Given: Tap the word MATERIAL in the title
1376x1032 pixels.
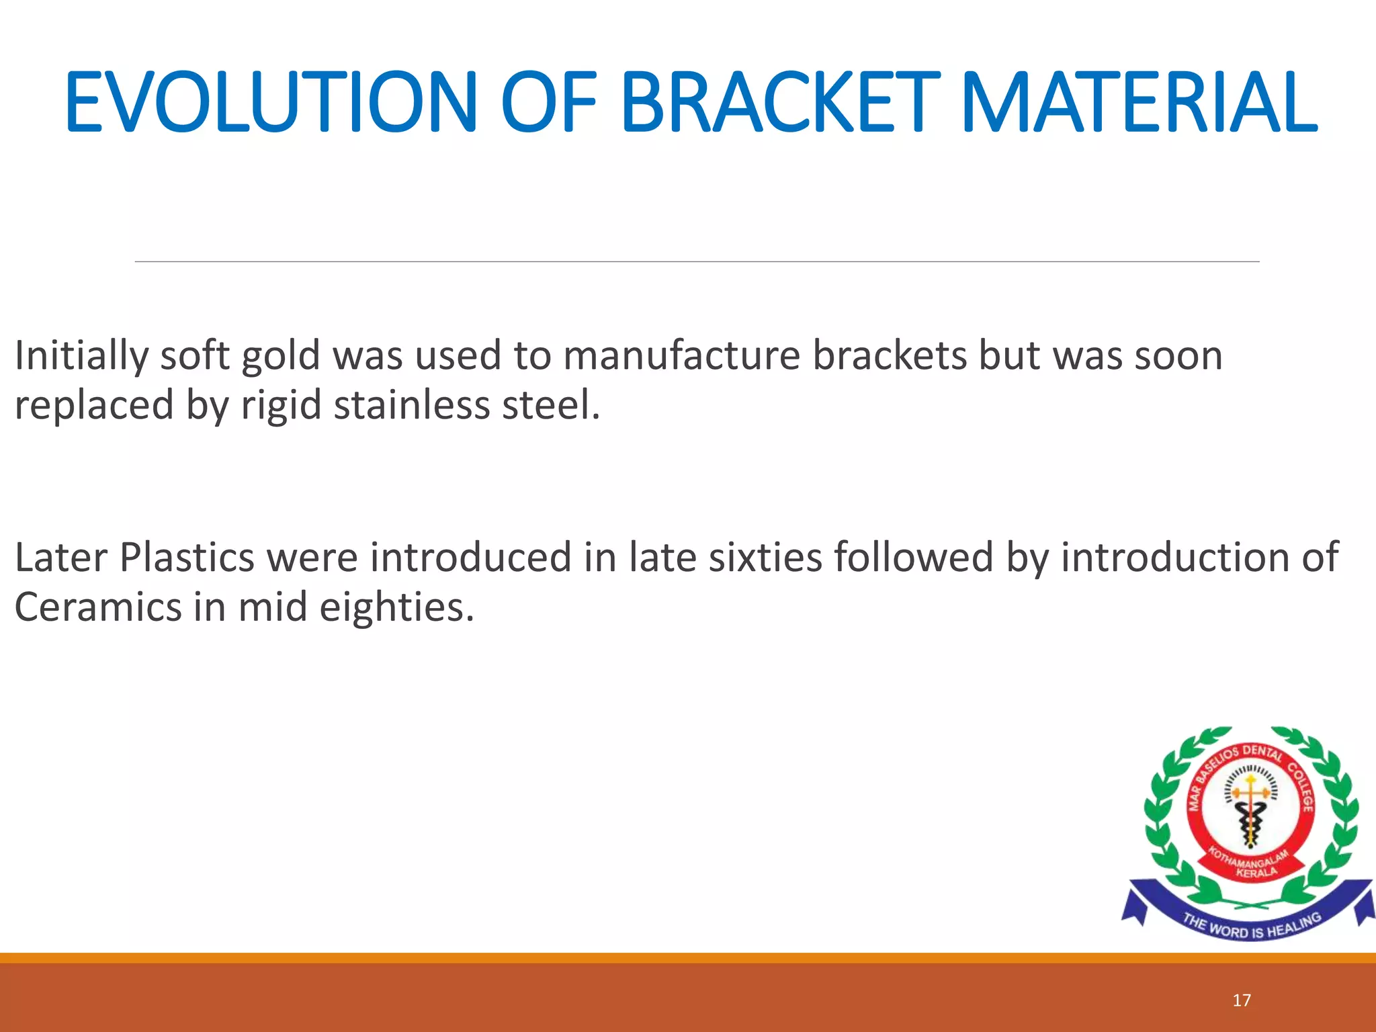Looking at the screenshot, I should point(1139,102).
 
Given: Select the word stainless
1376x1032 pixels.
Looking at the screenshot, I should point(412,406).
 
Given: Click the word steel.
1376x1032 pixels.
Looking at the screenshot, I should point(550,406).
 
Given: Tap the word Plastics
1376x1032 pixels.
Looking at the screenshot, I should point(187,558).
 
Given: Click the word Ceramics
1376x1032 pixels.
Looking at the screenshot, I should point(98,607).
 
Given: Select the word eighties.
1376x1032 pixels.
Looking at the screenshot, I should point(396,607).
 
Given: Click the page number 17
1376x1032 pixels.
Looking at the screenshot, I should point(1242,1000).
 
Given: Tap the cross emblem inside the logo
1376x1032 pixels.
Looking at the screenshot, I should point(1250,793).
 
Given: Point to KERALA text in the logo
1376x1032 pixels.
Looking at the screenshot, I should point(1256,872).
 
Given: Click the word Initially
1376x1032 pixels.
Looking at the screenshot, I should point(81,356).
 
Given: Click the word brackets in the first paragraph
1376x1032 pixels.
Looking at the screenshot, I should point(889,356).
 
